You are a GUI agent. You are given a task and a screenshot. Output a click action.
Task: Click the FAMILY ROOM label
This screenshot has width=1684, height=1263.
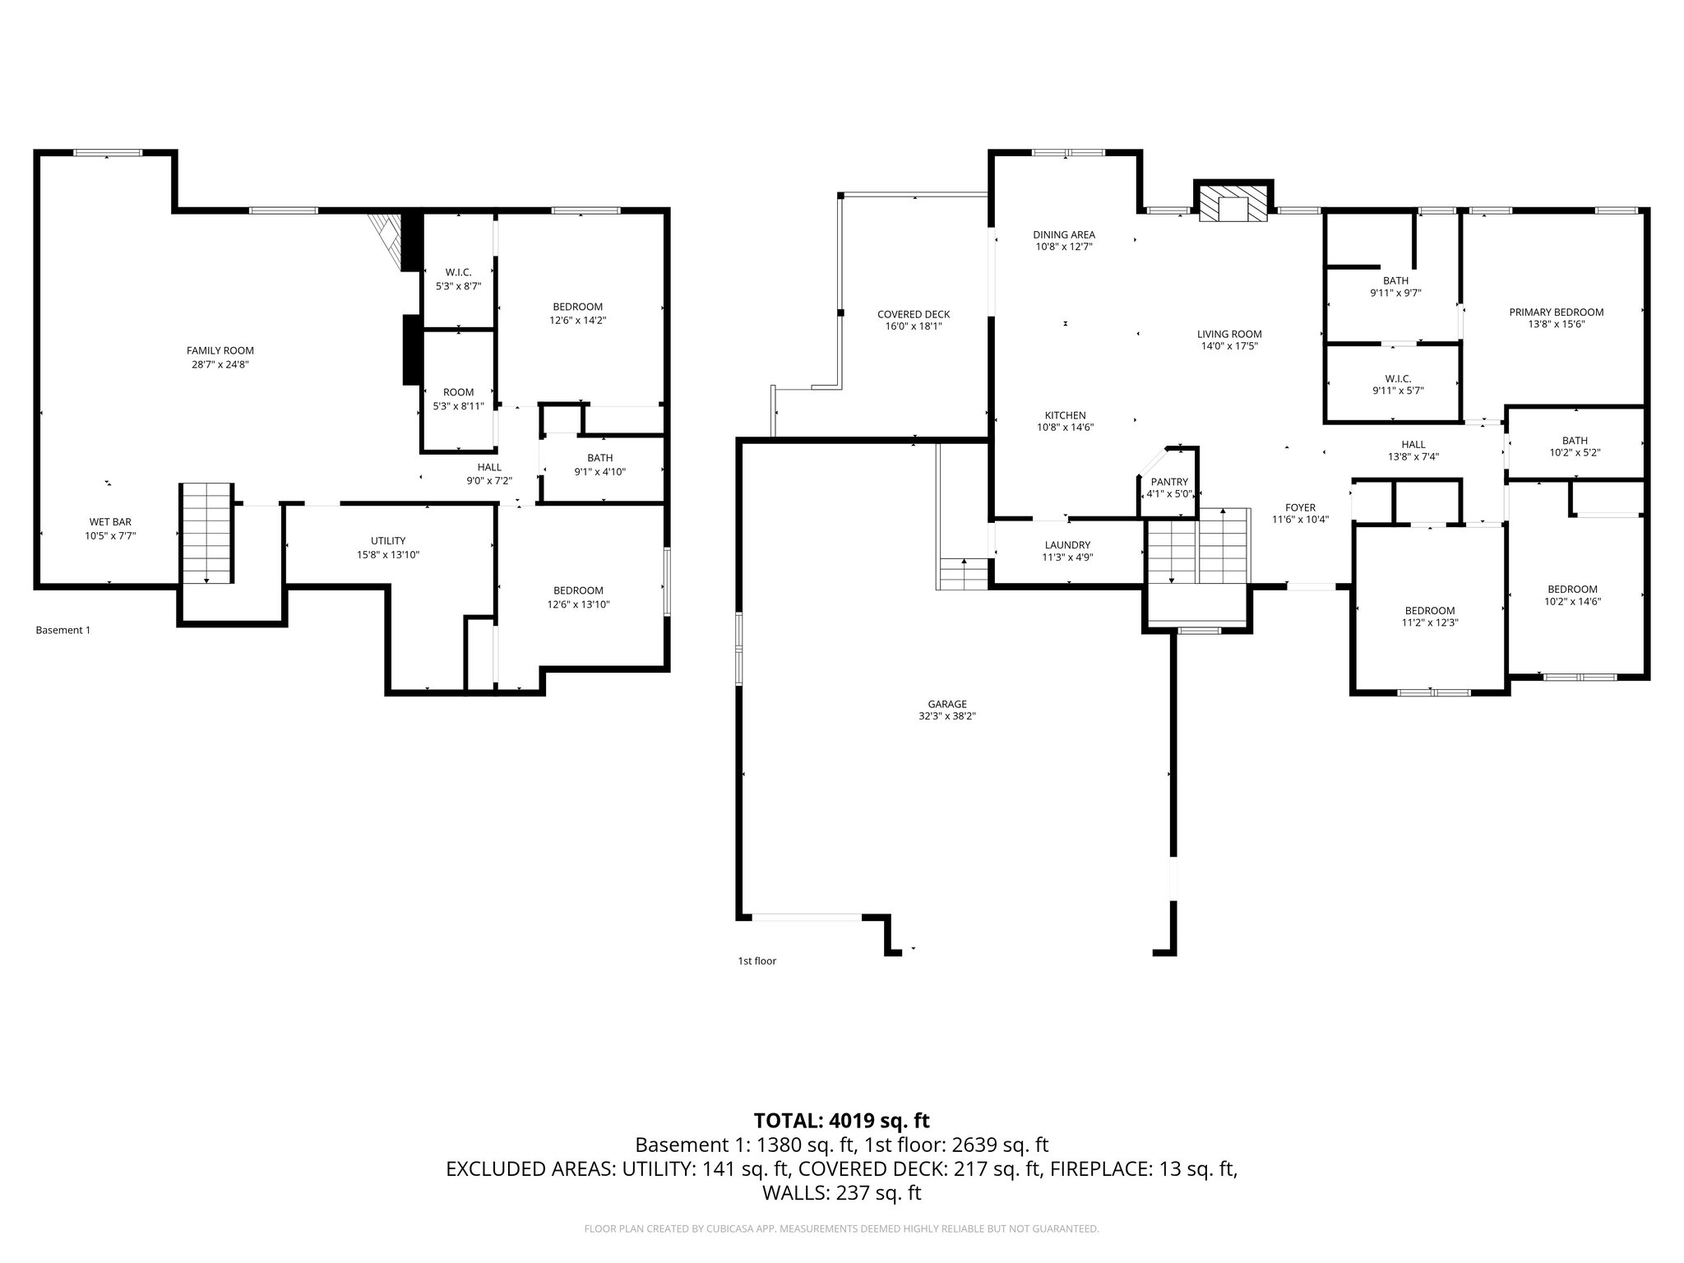(220, 350)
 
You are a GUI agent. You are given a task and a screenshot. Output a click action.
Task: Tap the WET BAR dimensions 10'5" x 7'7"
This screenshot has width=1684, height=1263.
(110, 535)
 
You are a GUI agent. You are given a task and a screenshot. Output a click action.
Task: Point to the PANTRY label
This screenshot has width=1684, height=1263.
(1168, 482)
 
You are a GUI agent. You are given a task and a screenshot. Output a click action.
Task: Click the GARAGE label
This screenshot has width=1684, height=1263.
(947, 704)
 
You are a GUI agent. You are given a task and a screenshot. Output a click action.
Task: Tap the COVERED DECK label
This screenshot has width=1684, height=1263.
(913, 314)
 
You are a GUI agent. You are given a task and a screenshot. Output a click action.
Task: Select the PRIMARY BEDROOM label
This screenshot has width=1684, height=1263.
(1556, 312)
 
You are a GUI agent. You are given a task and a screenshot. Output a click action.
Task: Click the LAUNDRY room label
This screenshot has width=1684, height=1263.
(1067, 544)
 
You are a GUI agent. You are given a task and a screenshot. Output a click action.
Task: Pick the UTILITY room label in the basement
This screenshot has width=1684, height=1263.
(387, 540)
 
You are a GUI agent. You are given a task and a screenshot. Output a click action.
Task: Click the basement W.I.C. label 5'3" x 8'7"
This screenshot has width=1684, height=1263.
(458, 272)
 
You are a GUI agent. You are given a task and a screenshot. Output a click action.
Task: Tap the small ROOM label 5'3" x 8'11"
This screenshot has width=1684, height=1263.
(458, 392)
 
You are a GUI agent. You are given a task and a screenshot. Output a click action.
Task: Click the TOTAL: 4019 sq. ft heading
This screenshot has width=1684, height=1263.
(841, 1120)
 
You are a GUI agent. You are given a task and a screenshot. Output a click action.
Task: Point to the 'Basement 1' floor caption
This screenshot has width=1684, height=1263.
(62, 630)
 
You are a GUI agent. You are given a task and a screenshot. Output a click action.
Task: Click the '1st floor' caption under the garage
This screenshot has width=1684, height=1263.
(756, 960)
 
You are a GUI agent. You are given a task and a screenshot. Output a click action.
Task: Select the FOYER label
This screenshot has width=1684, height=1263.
(1300, 507)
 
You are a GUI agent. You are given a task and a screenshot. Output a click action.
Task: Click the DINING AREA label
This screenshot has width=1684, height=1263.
(1064, 234)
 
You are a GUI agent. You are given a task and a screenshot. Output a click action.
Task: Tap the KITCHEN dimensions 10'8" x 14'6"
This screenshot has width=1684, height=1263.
(1065, 428)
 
